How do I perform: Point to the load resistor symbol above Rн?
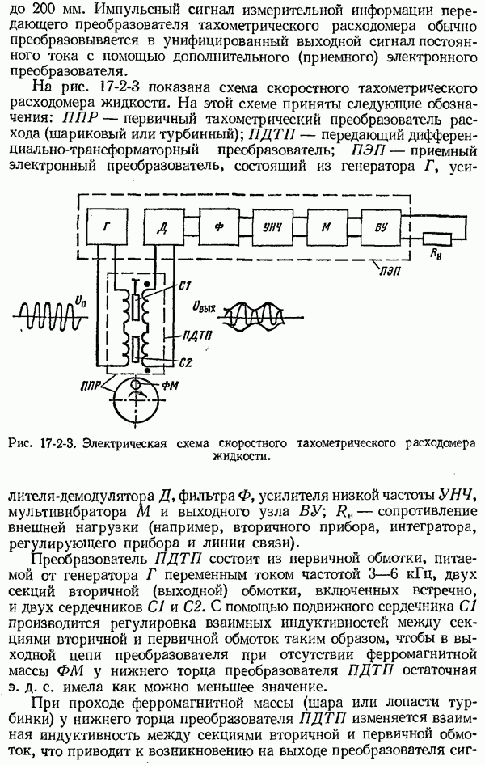[436, 239]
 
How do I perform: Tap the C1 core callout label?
[185, 286]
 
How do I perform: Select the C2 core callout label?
[185, 362]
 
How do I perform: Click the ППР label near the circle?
[91, 386]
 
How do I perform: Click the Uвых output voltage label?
[205, 308]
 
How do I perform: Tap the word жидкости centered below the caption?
[241, 457]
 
